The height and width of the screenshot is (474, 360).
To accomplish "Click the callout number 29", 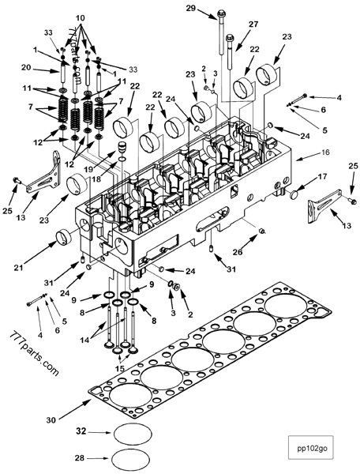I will [190, 9].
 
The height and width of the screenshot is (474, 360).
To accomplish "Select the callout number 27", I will [254, 24].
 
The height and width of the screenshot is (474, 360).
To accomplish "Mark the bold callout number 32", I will [80, 433].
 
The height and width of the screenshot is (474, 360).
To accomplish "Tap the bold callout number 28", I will [80, 457].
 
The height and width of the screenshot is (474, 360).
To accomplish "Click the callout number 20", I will [26, 67].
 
